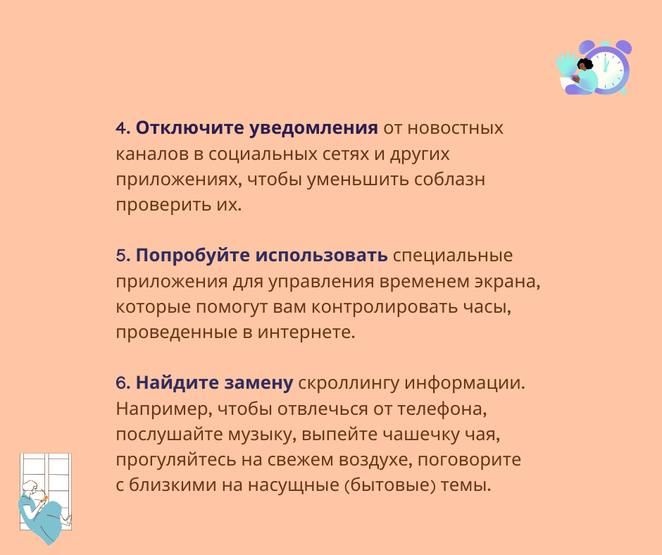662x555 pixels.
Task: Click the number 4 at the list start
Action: tap(120, 128)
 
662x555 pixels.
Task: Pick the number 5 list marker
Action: tap(120, 255)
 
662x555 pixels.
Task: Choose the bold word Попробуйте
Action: tap(192, 255)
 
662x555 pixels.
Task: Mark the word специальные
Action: tap(453, 255)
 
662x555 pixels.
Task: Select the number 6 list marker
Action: tap(120, 383)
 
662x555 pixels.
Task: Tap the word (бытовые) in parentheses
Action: tap(395, 485)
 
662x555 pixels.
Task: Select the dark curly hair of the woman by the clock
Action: tap(585, 66)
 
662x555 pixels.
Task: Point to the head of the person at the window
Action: tap(31, 487)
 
